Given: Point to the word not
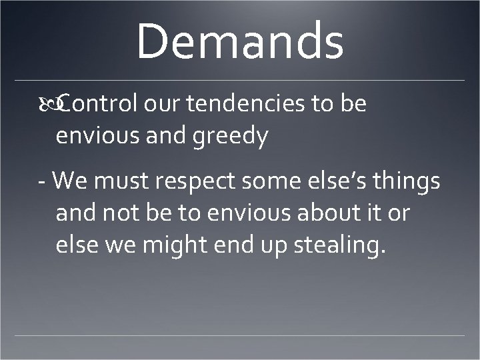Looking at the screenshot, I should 122,214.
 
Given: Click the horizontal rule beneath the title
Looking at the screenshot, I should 240,80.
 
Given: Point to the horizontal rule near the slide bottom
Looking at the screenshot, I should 240,335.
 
